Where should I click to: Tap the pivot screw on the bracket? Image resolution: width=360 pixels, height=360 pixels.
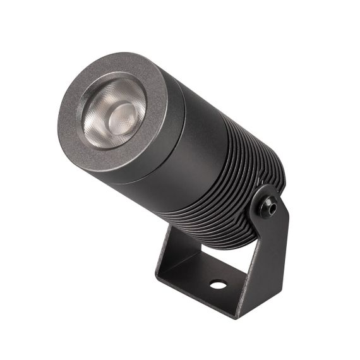(x=272, y=206)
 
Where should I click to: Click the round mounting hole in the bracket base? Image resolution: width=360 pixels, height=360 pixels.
(x=217, y=284)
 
